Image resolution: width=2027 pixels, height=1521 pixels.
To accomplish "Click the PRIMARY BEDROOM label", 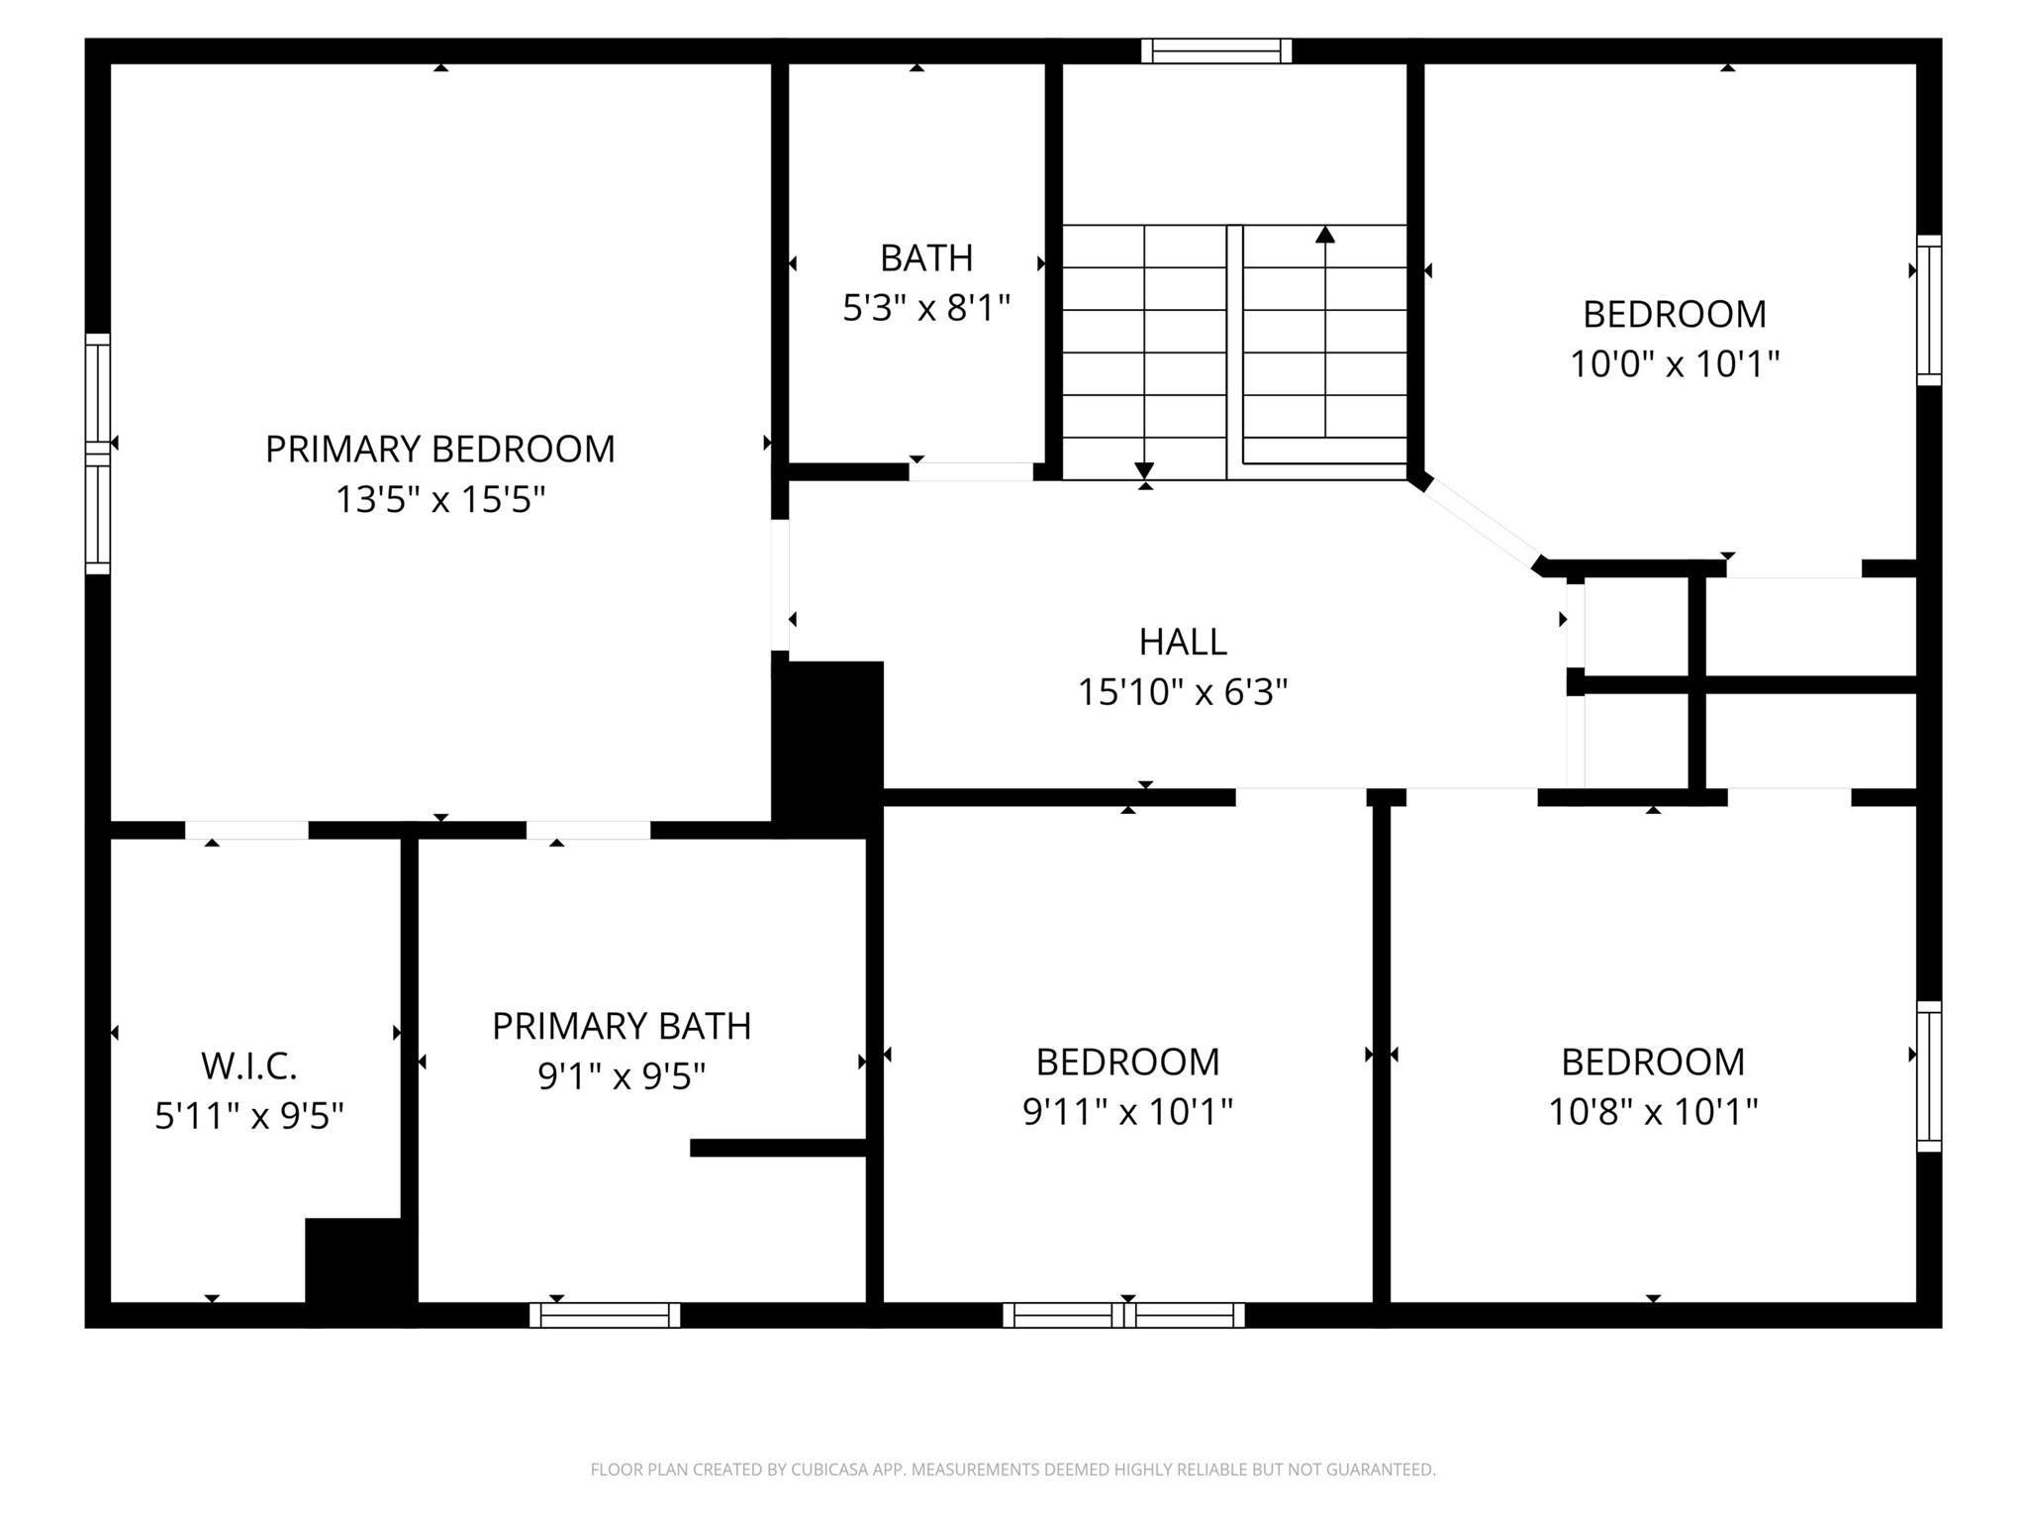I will pos(439,449).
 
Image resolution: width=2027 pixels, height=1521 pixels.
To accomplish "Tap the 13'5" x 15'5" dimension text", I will pos(439,499).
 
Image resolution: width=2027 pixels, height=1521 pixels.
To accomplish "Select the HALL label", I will pos(1183,642).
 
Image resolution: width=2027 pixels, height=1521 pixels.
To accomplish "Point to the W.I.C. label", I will pos(248,1066).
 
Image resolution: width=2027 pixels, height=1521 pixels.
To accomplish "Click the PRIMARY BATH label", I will pos(622,1026).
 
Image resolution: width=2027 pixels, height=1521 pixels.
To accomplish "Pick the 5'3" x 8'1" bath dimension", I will pos(925,308).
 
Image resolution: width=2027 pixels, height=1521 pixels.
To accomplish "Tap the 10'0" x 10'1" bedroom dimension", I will pos(1675,363).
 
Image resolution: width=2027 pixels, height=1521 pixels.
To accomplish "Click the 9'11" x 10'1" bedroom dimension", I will pos(1127,1111).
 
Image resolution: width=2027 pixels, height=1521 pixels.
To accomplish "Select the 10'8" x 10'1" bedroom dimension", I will pos(1653,1111).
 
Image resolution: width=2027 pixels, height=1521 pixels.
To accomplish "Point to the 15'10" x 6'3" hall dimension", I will pos(1183,691).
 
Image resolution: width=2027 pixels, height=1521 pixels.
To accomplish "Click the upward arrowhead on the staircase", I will pos(1325,235).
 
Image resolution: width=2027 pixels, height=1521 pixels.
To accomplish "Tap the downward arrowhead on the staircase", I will pos(1145,469).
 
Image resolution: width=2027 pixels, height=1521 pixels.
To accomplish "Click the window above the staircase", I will pos(1216,51).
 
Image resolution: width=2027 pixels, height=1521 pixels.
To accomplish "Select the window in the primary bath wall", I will pos(605,1315).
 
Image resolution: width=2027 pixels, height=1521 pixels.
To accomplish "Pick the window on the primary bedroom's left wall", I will pos(97,454).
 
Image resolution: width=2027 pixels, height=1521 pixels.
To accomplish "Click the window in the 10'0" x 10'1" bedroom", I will pos(1929,310).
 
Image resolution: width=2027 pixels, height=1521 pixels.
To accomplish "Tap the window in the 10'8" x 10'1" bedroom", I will pos(1929,1076).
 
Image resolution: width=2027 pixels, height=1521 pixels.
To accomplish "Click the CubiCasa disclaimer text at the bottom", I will pos(1013,1470).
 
